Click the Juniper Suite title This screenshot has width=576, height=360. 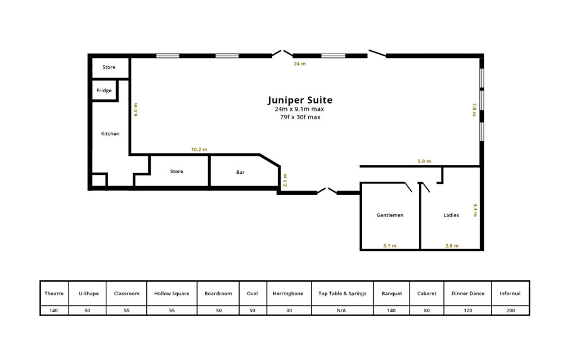pyautogui.click(x=300, y=100)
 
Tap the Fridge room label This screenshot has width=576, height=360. pyautogui.click(x=104, y=91)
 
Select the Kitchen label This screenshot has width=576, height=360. pyautogui.click(x=110, y=134)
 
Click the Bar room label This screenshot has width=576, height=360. pyautogui.click(x=240, y=172)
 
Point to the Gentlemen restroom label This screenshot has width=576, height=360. pyautogui.click(x=390, y=215)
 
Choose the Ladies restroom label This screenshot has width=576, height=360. pyautogui.click(x=451, y=215)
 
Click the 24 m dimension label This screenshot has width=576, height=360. pyautogui.click(x=300, y=64)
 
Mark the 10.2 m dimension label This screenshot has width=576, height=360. pyautogui.click(x=199, y=150)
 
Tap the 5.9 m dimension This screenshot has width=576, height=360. pyautogui.click(x=424, y=161)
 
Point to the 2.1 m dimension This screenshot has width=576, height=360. pyautogui.click(x=285, y=180)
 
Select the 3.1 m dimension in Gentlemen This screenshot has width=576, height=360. pyautogui.click(x=390, y=246)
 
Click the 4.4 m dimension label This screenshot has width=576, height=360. pyautogui.click(x=475, y=210)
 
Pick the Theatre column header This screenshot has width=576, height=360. pyautogui.click(x=54, y=294)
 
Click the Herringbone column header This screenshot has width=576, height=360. pyautogui.click(x=288, y=294)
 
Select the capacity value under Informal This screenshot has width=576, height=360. pyautogui.click(x=510, y=310)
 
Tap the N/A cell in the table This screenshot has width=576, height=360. pyautogui.click(x=341, y=310)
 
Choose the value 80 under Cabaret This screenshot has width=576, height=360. pyautogui.click(x=426, y=310)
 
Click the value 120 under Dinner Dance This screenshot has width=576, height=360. pyautogui.click(x=468, y=310)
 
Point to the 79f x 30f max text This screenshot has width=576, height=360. pyautogui.click(x=300, y=117)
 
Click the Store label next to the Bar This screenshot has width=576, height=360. pyautogui.click(x=177, y=172)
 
